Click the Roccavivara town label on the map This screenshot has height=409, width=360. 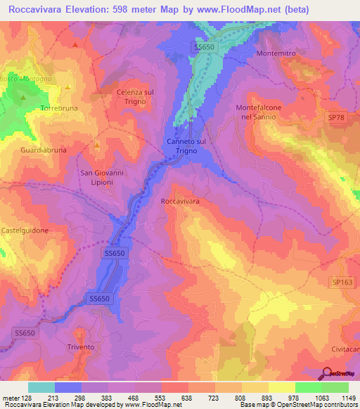click(x=181, y=201)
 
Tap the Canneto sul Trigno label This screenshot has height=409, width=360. click(x=186, y=145)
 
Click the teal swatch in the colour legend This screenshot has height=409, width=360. click(x=41, y=387)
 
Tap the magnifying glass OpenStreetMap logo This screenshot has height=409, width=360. click(x=328, y=373)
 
